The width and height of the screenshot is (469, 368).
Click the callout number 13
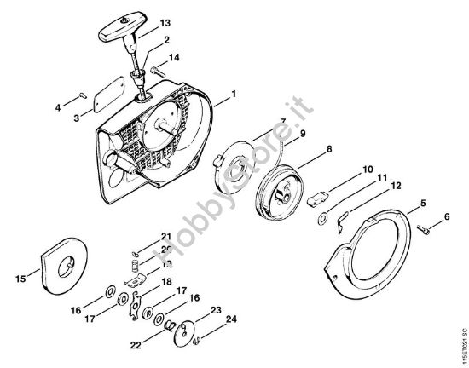(x=165, y=22)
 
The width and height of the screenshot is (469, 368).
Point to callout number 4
(x=58, y=107)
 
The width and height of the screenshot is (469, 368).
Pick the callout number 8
(x=304, y=150)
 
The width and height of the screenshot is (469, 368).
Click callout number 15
(x=19, y=276)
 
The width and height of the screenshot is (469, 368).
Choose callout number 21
(x=165, y=236)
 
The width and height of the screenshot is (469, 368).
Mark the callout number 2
(x=165, y=40)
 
